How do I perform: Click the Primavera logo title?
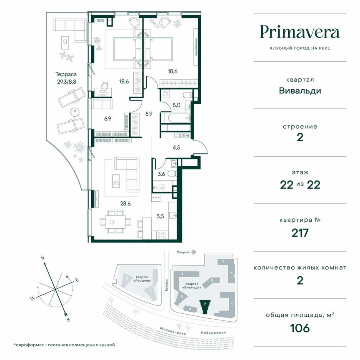pos(300,32)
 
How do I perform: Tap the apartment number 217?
pos(300,232)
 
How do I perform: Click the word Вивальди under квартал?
pos(300,90)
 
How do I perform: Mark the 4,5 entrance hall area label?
pos(176,146)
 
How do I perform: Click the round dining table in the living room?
pos(112,221)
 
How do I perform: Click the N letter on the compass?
pos(42,258)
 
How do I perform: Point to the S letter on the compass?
pos(67,320)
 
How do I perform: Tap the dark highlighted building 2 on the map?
pos(205,307)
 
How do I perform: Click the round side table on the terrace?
pos(74,112)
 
